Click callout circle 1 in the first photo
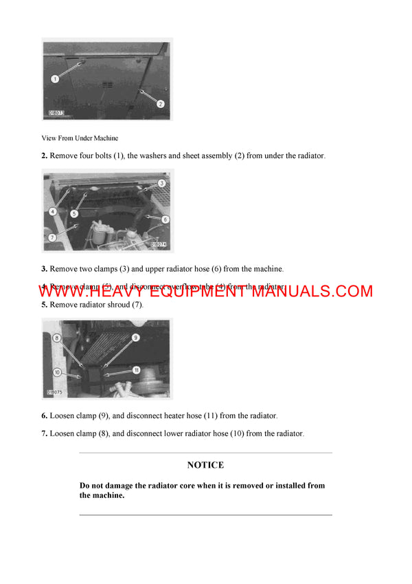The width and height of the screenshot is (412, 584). click(56, 79)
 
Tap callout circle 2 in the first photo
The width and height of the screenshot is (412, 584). click(160, 104)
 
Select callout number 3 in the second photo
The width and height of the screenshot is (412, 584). click(161, 183)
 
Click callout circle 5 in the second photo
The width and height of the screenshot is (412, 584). click(73, 214)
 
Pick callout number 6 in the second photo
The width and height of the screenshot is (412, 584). click(165, 219)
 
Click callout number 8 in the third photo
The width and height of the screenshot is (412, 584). click(56, 338)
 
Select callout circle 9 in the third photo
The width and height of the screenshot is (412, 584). click(135, 337)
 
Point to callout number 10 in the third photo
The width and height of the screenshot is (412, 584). click(56, 372)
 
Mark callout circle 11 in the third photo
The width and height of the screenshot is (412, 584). click(136, 370)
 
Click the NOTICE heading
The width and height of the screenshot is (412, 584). click(205, 466)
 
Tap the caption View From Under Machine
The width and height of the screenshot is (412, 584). click(80, 138)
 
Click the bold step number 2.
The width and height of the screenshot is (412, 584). click(44, 156)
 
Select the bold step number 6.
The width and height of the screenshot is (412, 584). click(44, 416)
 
